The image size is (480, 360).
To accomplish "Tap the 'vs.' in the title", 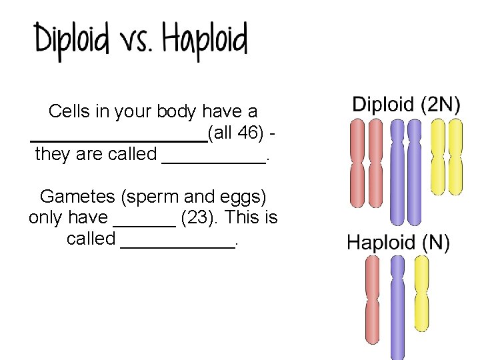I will pyautogui.click(x=136, y=43).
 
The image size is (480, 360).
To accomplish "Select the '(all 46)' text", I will pyautogui.click(x=239, y=133).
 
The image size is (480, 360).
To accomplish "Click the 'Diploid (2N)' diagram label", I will pyautogui.click(x=406, y=104).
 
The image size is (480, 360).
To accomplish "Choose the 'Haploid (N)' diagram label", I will pyautogui.click(x=398, y=243).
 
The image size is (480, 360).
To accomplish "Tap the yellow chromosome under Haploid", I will pyautogui.click(x=421, y=293).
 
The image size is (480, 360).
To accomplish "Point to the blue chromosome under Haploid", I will pyautogui.click(x=397, y=307).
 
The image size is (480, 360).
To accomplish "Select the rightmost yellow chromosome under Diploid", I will pyautogui.click(x=455, y=157).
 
